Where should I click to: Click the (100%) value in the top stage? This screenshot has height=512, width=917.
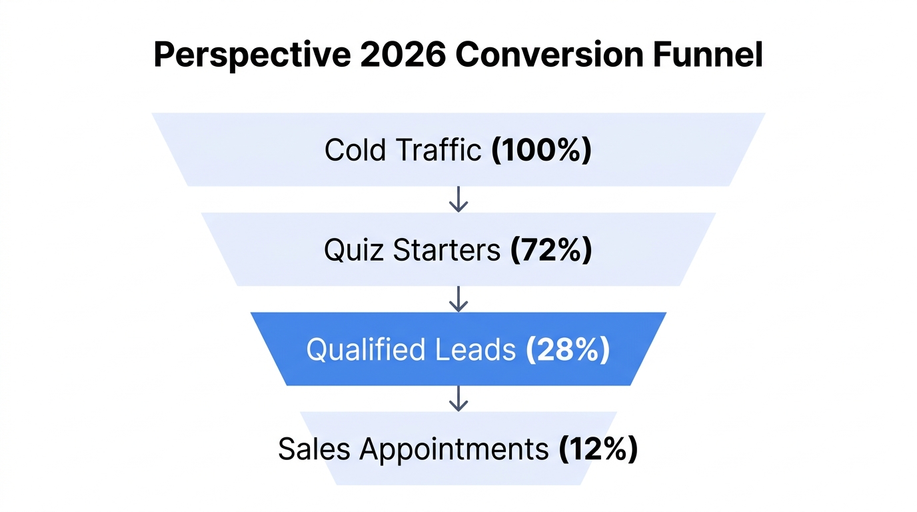point(541,150)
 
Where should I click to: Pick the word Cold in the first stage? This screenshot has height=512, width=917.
point(354,150)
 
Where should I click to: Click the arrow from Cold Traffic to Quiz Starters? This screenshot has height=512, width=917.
point(458,199)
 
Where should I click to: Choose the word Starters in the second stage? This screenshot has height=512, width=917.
point(446,250)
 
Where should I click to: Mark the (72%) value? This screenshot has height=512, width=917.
point(550,250)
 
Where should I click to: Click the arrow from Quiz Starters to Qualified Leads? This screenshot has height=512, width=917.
point(458,299)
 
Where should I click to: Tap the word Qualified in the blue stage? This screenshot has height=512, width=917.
point(364,350)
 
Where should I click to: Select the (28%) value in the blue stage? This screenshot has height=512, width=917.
point(568,350)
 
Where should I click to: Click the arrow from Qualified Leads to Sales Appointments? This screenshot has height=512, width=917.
point(458,398)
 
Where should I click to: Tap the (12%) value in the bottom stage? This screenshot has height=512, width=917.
point(598,449)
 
